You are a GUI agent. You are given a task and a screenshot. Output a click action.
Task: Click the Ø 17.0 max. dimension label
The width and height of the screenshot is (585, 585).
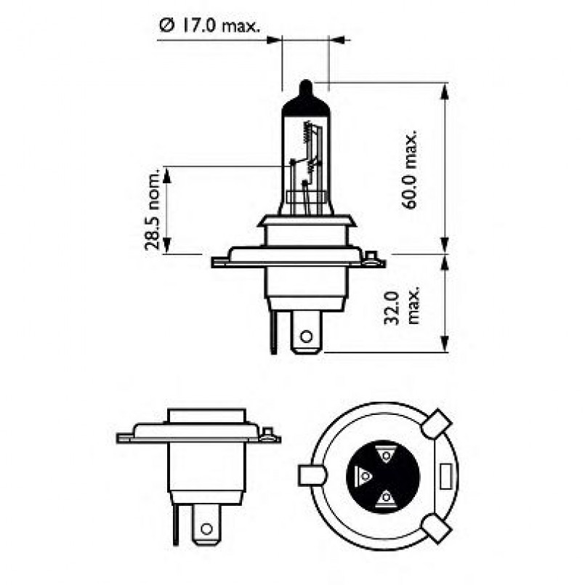coord(209,27)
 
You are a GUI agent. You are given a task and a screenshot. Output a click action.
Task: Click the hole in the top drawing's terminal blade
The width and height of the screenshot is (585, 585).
coord(306,336)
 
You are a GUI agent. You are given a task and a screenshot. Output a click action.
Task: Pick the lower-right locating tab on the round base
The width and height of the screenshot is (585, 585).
coord(438,528)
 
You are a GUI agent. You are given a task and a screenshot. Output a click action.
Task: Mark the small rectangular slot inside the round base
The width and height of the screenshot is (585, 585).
coord(444,476)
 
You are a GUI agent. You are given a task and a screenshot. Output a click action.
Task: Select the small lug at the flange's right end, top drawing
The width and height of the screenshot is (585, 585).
coord(372,257)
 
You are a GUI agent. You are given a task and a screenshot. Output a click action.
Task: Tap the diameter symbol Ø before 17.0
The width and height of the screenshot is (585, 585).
coord(165,27)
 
